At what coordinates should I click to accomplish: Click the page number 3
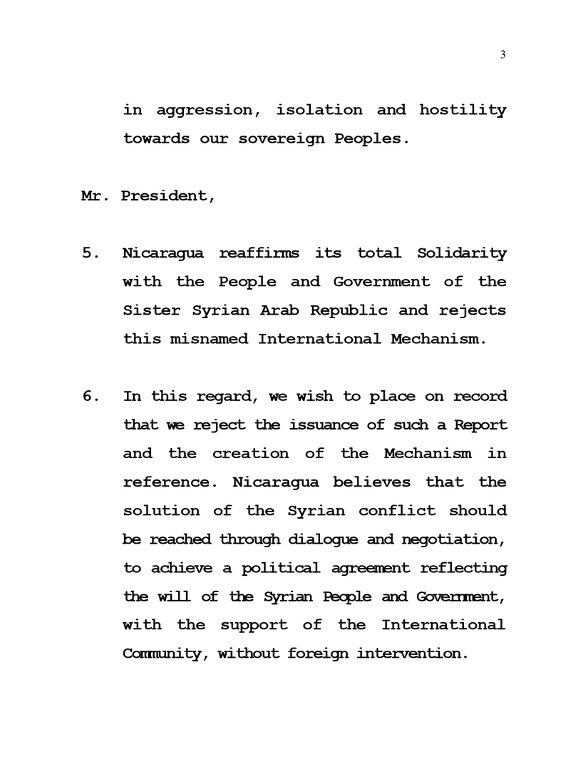(503, 55)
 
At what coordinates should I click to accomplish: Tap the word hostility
(463, 111)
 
